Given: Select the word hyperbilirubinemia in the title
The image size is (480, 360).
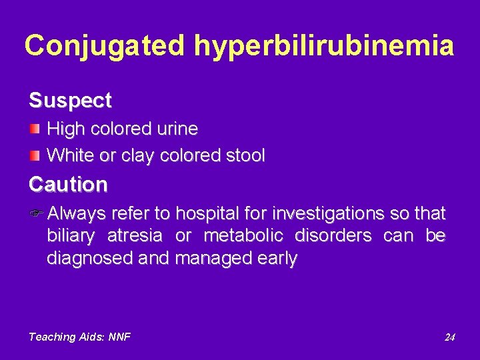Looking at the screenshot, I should [x=325, y=45].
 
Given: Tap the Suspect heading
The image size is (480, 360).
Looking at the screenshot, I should [x=70, y=101].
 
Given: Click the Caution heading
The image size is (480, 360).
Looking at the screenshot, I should [x=68, y=184].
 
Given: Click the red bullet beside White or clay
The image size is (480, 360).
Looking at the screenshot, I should [x=35, y=155].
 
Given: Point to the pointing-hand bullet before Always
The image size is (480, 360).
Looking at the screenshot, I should [x=37, y=214].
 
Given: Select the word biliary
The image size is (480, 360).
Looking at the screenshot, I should [x=71, y=236].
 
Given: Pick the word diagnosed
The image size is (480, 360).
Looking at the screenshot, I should [x=87, y=258].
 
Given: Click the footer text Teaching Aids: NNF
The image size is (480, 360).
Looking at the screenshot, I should [x=79, y=337].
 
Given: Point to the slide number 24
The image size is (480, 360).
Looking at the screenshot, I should [x=450, y=337].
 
